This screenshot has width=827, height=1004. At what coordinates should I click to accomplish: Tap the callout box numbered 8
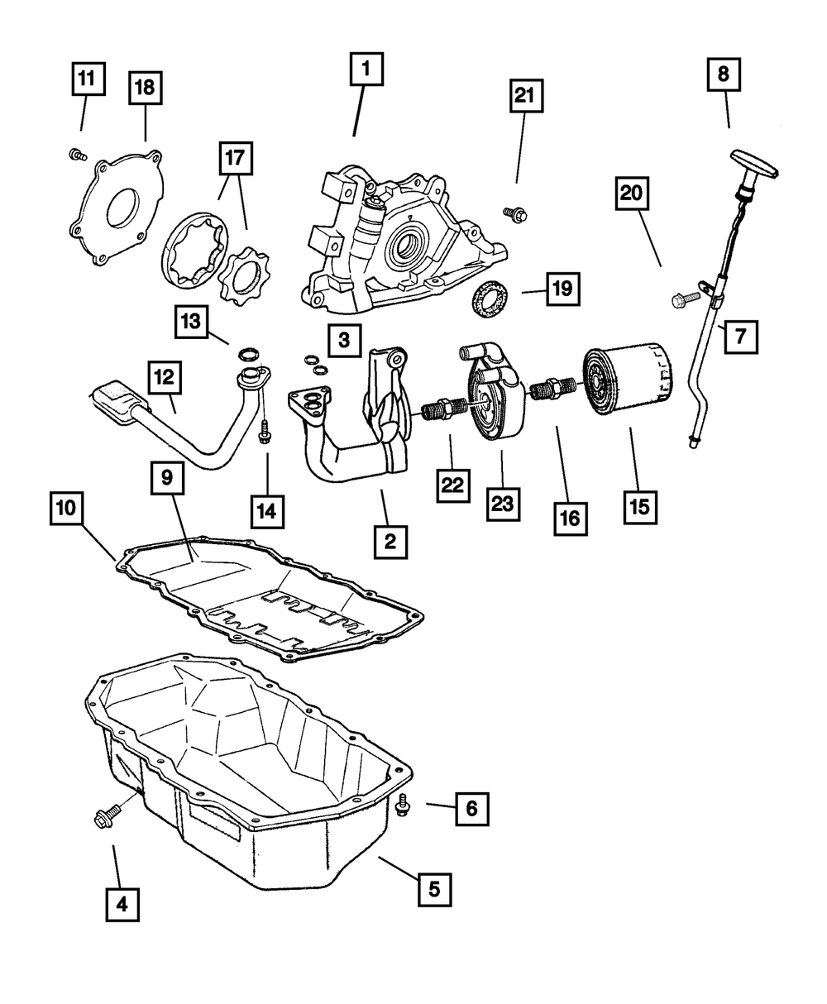pos(724,74)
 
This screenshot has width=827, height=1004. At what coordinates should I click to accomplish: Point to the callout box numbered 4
pos(122,904)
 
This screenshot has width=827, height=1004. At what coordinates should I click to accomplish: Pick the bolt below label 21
pos(515,214)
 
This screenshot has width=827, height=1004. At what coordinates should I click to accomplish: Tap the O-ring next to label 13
pos(247,355)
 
